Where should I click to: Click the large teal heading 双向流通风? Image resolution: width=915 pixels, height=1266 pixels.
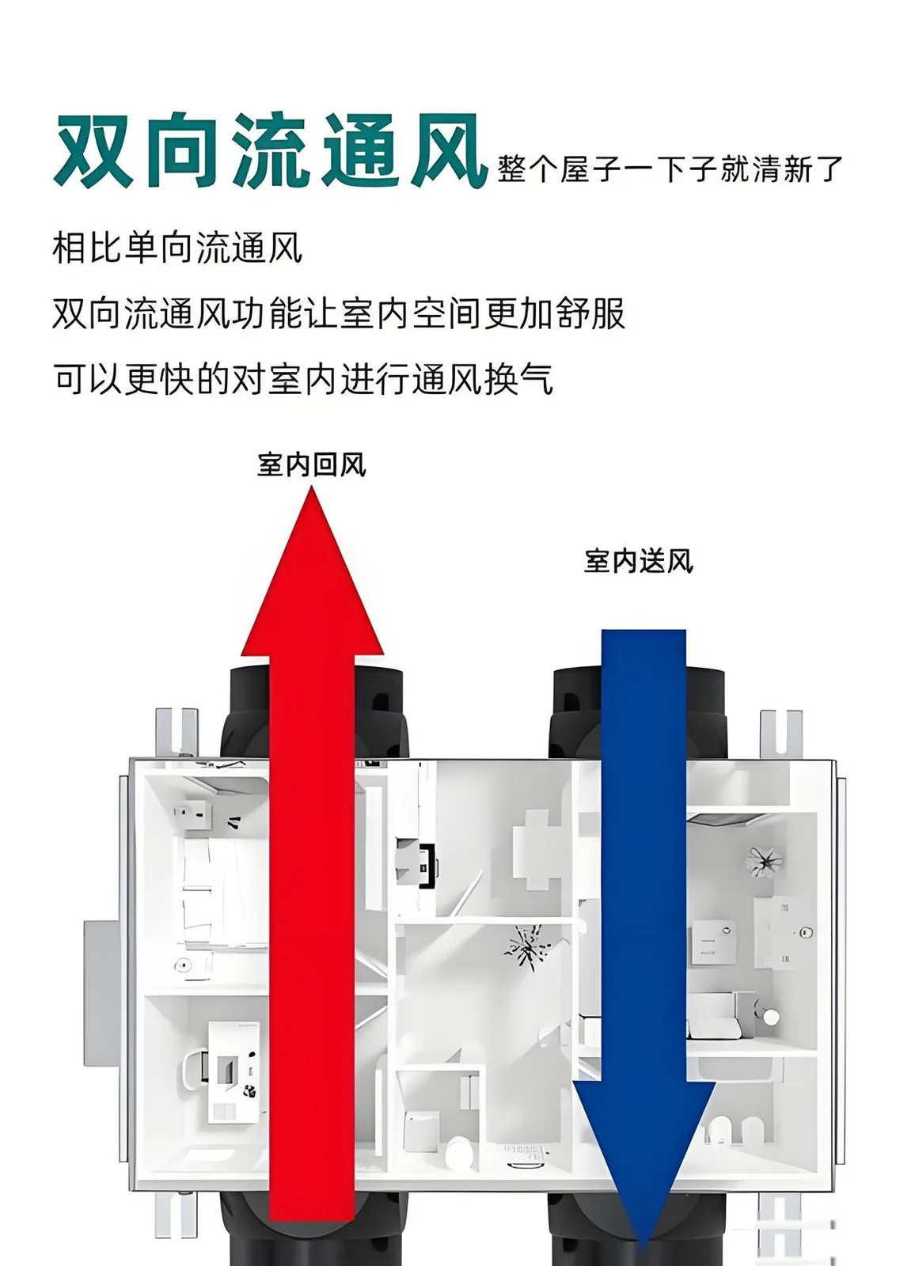click(x=271, y=150)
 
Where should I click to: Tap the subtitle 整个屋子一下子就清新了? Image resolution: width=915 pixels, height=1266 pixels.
click(x=670, y=169)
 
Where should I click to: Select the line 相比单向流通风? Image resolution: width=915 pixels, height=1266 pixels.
click(x=177, y=248)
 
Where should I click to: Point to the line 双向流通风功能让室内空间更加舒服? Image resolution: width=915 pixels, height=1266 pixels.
click(x=339, y=313)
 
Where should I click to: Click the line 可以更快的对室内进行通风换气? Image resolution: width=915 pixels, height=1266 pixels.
click(x=303, y=378)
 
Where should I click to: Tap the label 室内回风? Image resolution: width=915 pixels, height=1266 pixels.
click(x=312, y=465)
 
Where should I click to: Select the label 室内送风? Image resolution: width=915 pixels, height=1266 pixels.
click(x=639, y=561)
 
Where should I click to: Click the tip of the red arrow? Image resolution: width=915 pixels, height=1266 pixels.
click(x=312, y=488)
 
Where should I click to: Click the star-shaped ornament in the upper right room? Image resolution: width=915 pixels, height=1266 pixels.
click(x=764, y=862)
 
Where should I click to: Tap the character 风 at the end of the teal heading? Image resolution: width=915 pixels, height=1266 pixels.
click(x=450, y=150)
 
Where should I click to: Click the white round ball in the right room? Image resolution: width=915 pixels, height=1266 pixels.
click(x=770, y=1017)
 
